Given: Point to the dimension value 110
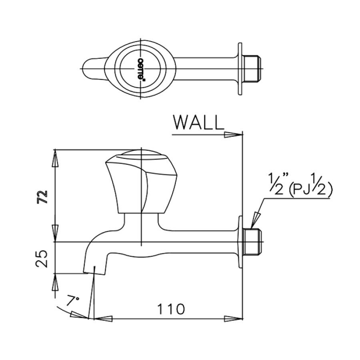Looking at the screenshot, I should [x=170, y=309].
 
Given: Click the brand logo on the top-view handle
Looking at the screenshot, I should [x=141, y=68].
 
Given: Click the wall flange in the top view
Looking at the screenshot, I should [x=240, y=69].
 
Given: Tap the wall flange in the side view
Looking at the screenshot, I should [x=240, y=242].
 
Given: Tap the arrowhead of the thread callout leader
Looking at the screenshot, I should [x=253, y=222].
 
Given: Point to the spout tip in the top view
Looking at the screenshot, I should [x=86, y=68].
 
